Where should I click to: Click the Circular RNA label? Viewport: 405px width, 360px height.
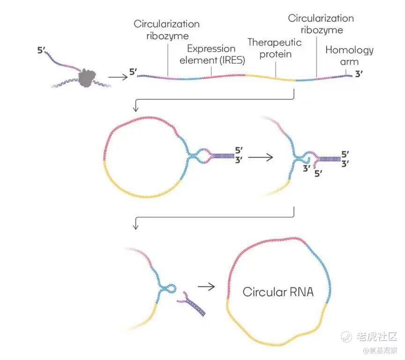[278, 292]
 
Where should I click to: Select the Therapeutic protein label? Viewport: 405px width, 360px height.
[275, 48]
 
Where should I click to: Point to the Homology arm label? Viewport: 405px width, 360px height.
[349, 56]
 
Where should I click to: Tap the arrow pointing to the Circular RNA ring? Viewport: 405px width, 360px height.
[206, 285]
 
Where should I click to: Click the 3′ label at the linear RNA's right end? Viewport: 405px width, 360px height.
[360, 73]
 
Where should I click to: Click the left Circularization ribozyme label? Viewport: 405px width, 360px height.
[167, 29]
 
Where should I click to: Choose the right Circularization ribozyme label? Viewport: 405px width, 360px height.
[321, 24]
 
